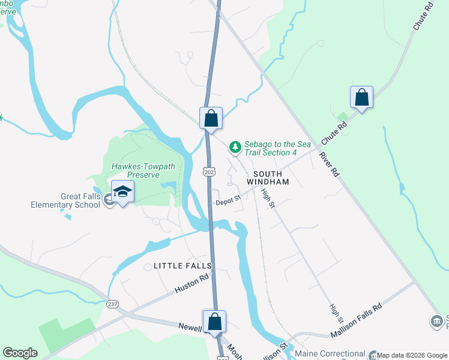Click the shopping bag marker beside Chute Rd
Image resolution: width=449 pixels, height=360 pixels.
click(x=361, y=97)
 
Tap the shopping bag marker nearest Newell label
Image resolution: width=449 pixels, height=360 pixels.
click(x=214, y=321)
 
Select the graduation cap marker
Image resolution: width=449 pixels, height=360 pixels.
click(x=122, y=191)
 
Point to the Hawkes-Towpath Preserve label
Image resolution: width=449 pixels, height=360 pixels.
click(x=135, y=170)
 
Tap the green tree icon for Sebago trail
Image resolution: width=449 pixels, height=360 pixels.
click(x=235, y=146)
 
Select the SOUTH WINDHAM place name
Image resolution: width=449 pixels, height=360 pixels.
click(x=268, y=181)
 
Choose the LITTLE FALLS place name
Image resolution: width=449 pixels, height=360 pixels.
click(x=175, y=265)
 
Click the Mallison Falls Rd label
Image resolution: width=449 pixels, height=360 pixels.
click(x=356, y=321)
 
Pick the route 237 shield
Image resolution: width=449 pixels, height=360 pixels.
click(x=112, y=304)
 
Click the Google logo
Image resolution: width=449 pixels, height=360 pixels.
click(x=20, y=352)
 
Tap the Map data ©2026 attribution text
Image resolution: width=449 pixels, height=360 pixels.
click(x=412, y=356)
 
